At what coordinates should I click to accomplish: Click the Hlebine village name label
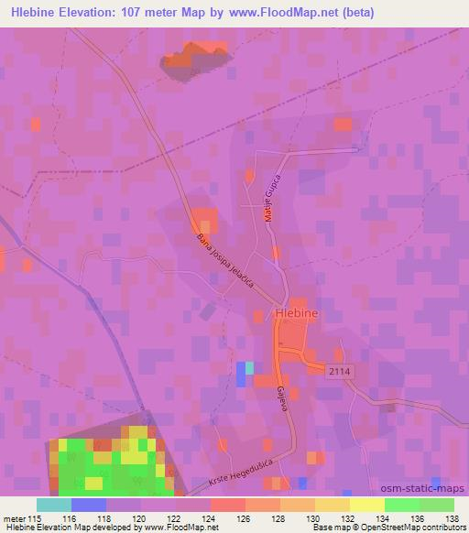[298, 313]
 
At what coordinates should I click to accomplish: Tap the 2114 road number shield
[341, 368]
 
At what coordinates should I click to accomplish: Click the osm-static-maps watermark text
[427, 489]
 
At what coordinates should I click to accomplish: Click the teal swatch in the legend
[54, 505]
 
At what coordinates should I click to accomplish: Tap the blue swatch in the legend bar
[88, 505]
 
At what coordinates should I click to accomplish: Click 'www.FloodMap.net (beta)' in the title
[297, 14]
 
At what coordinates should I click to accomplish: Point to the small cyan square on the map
[249, 367]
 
